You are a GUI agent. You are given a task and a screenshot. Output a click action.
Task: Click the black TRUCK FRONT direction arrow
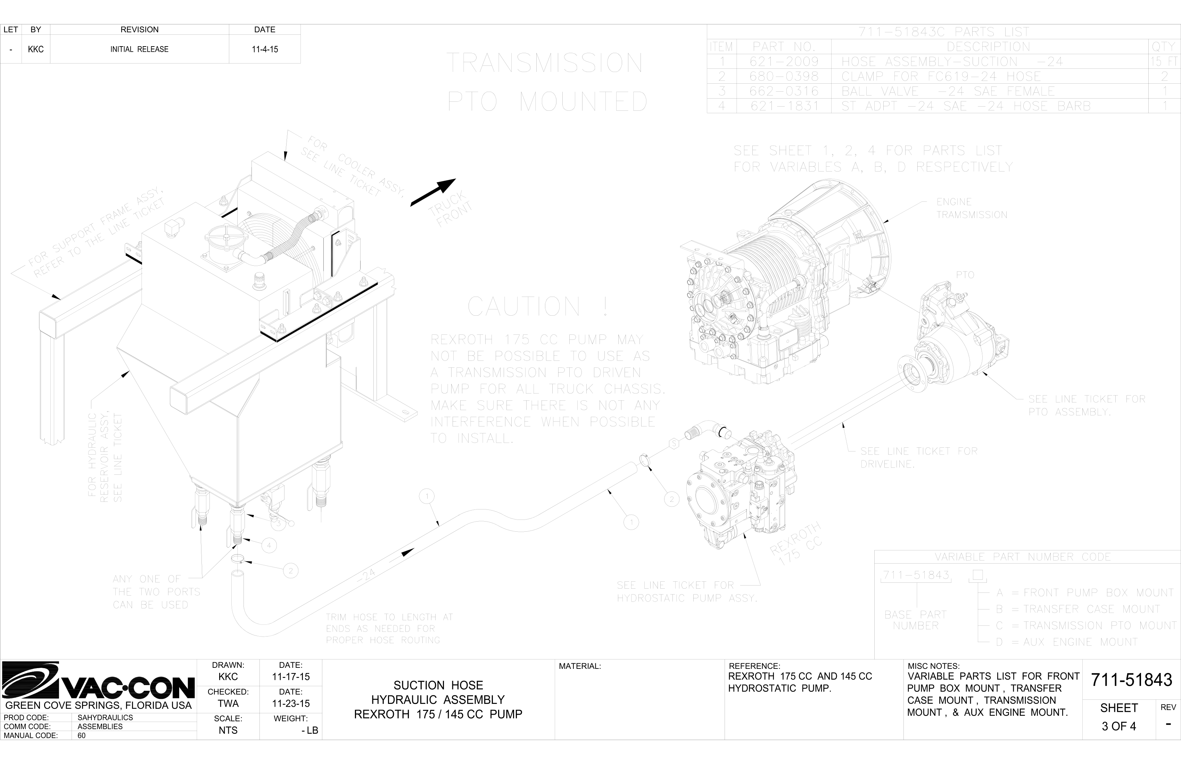point(433,192)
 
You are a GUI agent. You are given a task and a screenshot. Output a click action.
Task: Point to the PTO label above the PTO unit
point(965,275)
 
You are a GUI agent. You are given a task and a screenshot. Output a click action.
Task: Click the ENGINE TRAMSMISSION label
point(971,208)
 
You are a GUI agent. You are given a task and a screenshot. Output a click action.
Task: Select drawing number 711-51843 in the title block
point(1131,680)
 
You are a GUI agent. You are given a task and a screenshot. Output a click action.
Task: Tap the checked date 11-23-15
point(291,704)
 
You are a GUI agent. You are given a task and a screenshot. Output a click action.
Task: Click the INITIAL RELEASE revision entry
point(139,49)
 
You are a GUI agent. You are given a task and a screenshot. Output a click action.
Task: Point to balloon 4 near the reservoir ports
point(269,546)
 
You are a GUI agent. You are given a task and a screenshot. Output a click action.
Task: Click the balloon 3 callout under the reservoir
point(278,523)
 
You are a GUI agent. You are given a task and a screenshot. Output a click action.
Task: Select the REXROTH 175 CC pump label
point(796,545)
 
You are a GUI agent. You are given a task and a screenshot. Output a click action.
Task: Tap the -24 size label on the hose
point(366,575)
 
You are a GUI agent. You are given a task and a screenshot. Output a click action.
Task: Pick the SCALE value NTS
point(228,730)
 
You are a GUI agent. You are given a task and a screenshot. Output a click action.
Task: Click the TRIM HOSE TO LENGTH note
point(389,629)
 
